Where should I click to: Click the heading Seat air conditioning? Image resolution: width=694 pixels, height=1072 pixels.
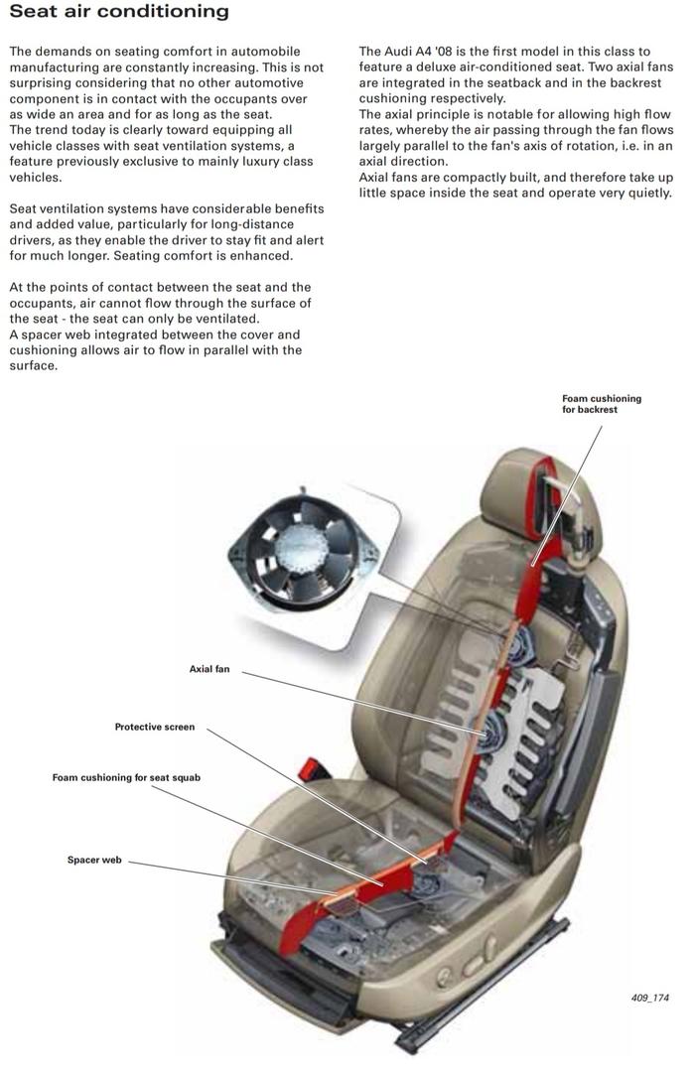click(x=118, y=13)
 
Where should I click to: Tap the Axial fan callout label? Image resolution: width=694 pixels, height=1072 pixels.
click(x=208, y=669)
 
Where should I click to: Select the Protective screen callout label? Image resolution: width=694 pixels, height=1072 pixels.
click(x=155, y=727)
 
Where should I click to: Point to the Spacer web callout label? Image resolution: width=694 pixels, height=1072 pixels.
click(x=94, y=860)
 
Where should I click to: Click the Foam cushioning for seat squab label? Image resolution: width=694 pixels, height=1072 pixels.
click(x=126, y=777)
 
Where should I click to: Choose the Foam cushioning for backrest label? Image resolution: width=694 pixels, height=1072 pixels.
click(x=602, y=404)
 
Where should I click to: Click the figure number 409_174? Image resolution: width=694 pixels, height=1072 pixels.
click(x=649, y=998)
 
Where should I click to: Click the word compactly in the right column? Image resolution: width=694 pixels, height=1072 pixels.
click(x=466, y=178)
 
